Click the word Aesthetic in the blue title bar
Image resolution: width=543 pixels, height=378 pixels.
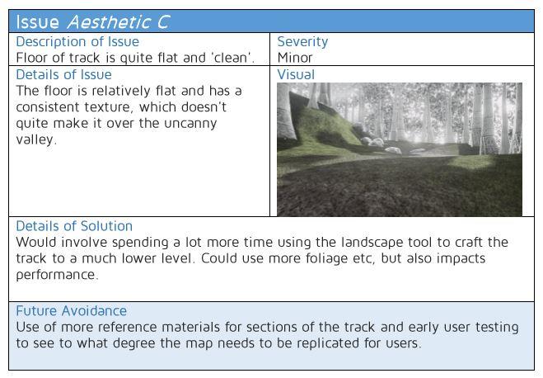coord(109,21)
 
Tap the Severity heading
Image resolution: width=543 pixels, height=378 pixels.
coord(302,42)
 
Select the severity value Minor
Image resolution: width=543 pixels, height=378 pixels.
coord(295,58)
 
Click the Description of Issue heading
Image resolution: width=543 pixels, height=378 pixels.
coord(77,41)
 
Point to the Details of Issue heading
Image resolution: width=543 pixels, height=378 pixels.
coord(63,74)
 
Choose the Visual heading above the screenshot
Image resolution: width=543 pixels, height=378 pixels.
coord(296,74)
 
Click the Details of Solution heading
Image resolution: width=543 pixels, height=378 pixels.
coord(74,226)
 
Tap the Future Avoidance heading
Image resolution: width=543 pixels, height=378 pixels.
coord(72,310)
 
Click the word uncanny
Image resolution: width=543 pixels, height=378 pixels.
coord(190,124)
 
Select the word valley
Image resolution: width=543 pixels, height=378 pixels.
coord(36,139)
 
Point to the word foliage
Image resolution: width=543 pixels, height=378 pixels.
coord(326,258)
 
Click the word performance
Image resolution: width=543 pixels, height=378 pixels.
coord(57,275)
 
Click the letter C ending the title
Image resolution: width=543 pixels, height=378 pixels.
coord(163,21)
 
